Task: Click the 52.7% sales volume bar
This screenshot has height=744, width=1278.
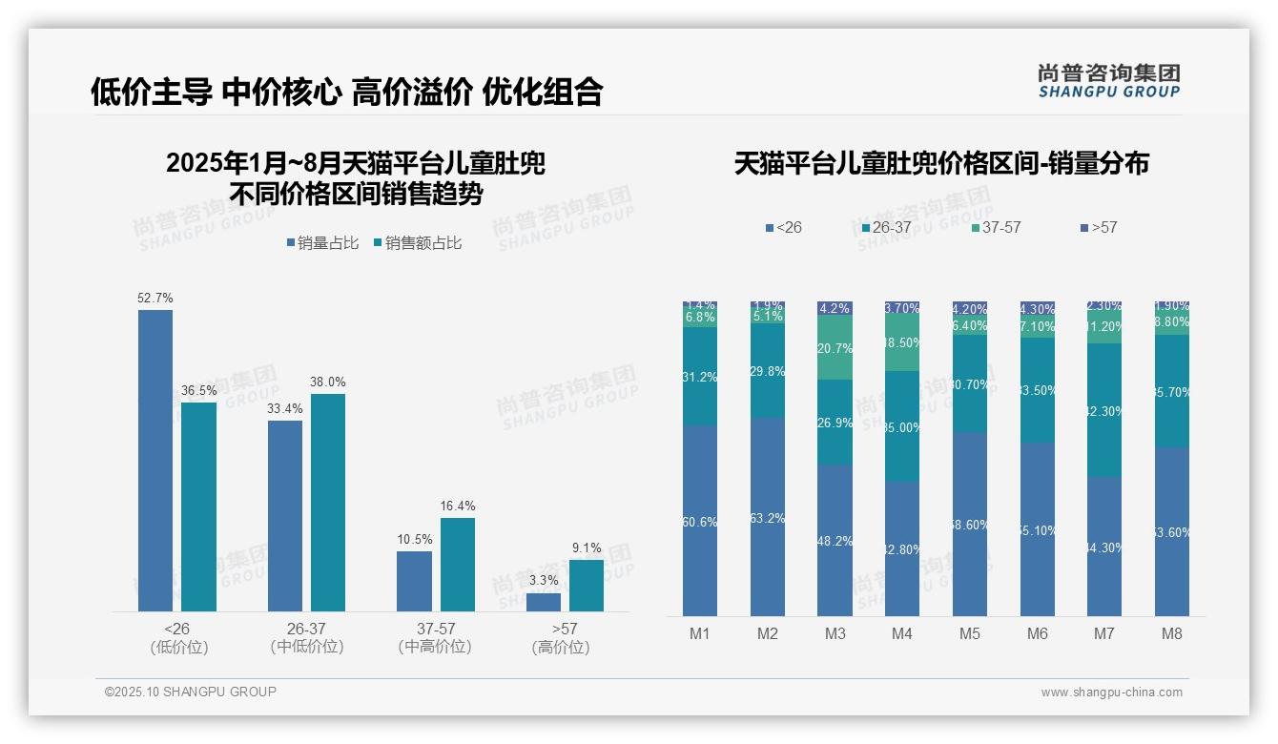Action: click(x=155, y=460)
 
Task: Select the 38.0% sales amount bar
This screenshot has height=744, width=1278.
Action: click(x=328, y=502)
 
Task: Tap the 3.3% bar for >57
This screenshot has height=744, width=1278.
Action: click(x=544, y=602)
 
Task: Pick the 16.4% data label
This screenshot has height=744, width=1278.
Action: click(x=458, y=506)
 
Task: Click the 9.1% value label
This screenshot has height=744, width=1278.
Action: click(x=587, y=548)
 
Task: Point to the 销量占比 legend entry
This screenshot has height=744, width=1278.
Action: click(x=322, y=243)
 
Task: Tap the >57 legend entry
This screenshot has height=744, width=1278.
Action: click(x=1099, y=228)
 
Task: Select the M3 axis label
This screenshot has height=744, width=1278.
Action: click(x=835, y=633)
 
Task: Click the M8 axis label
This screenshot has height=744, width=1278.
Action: click(x=1171, y=633)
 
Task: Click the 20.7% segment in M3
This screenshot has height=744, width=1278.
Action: click(x=835, y=347)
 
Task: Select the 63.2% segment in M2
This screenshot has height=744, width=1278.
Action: click(x=768, y=517)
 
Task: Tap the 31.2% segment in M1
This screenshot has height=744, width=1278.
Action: click(x=700, y=377)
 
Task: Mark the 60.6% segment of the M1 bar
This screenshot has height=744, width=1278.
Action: click(x=700, y=521)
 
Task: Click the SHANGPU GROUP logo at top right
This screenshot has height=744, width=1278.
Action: click(x=1108, y=80)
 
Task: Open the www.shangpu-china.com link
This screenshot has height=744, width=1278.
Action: click(x=1111, y=692)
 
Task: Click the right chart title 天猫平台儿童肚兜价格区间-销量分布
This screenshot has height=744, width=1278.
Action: click(x=941, y=164)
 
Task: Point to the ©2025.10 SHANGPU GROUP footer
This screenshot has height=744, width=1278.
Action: click(x=191, y=692)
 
